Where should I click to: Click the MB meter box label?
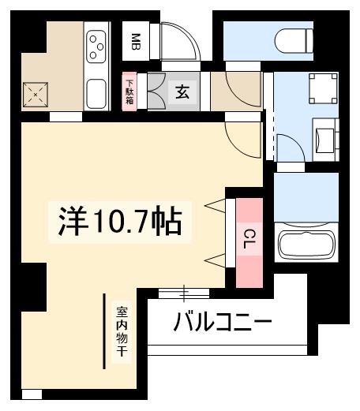pos(136,41)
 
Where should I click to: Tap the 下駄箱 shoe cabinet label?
pos(129,92)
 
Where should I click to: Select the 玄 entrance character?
pos(181,92)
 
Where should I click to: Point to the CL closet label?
pos(249,240)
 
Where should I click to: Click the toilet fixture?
pos(293,38)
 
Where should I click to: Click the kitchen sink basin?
pos(98,93)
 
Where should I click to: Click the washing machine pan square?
pos(322,88)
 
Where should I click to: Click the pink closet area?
pos(249,241)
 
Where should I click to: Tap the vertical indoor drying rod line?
pos(105,331)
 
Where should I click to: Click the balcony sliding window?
pos(184,293)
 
